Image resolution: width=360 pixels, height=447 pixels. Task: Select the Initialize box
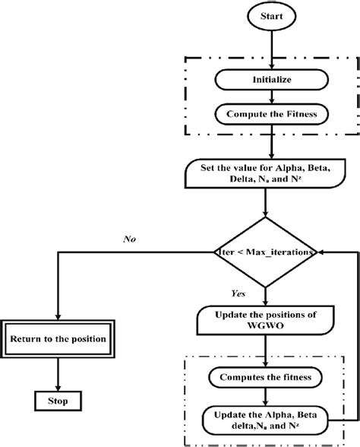coord(263,78)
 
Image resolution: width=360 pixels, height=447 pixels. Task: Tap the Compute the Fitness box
coord(263,114)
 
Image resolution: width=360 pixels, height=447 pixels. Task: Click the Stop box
coord(58,399)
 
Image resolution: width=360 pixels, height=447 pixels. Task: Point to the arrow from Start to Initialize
coord(264,49)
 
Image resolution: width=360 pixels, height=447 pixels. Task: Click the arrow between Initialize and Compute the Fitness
coord(263,97)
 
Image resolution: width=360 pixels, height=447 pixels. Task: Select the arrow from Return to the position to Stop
coord(58,372)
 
